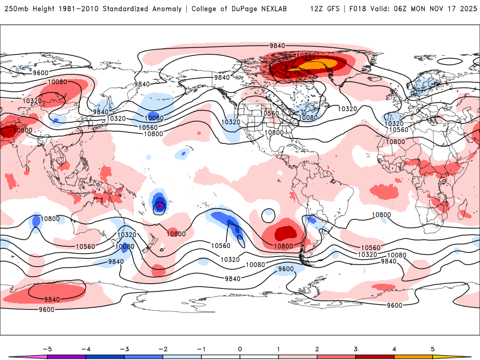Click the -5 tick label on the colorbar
point(46,349)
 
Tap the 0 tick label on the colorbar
point(240,349)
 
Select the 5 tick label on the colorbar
point(433,349)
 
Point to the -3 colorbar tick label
point(124,349)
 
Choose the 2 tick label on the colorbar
point(317,349)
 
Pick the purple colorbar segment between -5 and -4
point(66,357)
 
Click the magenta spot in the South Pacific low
point(160,205)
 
